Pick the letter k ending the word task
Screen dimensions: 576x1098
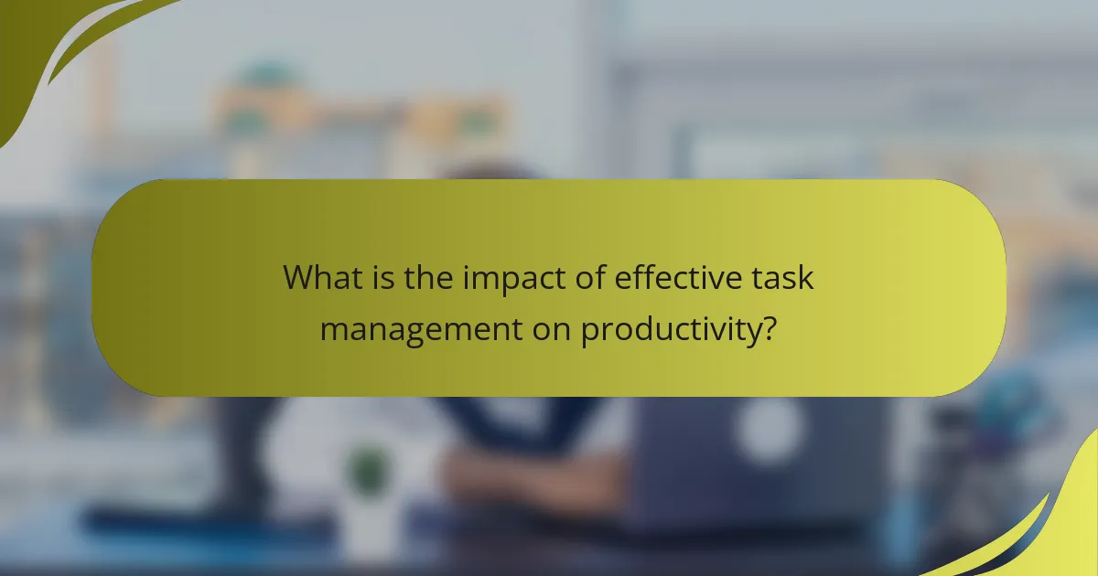pyautogui.click(x=805, y=277)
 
